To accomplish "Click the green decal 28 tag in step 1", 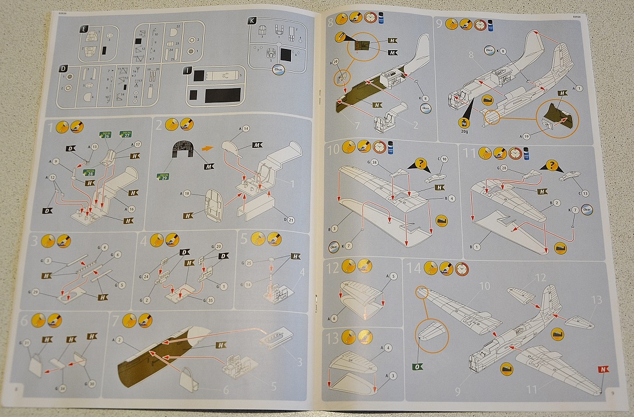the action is pyautogui.click(x=89, y=173).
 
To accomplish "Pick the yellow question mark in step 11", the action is pyautogui.click(x=551, y=165).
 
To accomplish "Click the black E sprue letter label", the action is pyautogui.click(x=85, y=28).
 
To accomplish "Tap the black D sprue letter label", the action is pyautogui.click(x=63, y=69).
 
